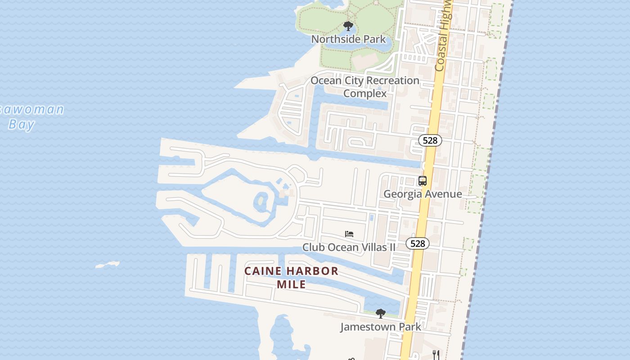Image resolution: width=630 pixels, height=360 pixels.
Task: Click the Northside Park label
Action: coord(348,39)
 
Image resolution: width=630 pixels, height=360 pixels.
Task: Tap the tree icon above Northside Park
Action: coord(348,26)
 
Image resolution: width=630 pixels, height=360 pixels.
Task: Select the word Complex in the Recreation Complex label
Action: coord(365,94)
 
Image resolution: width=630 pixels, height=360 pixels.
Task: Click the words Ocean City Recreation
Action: coord(365,81)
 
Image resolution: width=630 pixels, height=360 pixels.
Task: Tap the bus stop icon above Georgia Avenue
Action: coord(423,181)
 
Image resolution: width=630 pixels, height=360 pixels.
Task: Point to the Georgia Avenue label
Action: coord(423,194)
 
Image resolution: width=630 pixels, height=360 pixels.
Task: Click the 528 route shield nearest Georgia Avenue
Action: coord(430,140)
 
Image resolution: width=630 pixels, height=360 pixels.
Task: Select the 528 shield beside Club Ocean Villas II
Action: coord(418,243)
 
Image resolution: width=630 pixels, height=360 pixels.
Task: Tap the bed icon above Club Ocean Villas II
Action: coord(349,234)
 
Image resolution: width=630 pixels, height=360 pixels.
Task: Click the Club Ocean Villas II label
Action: coord(349,247)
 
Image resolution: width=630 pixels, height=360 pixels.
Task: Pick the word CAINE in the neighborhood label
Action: coord(263,271)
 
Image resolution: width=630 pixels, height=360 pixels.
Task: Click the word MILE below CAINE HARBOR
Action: coord(291,284)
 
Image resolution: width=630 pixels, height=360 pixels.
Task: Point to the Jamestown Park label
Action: coord(381,327)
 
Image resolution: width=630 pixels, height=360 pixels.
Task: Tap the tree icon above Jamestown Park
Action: coord(381,313)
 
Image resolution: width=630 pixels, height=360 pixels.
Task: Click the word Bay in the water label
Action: coord(21,124)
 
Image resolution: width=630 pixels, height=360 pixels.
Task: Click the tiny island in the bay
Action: coord(108,265)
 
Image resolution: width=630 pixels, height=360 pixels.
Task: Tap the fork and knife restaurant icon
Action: coord(436,354)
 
